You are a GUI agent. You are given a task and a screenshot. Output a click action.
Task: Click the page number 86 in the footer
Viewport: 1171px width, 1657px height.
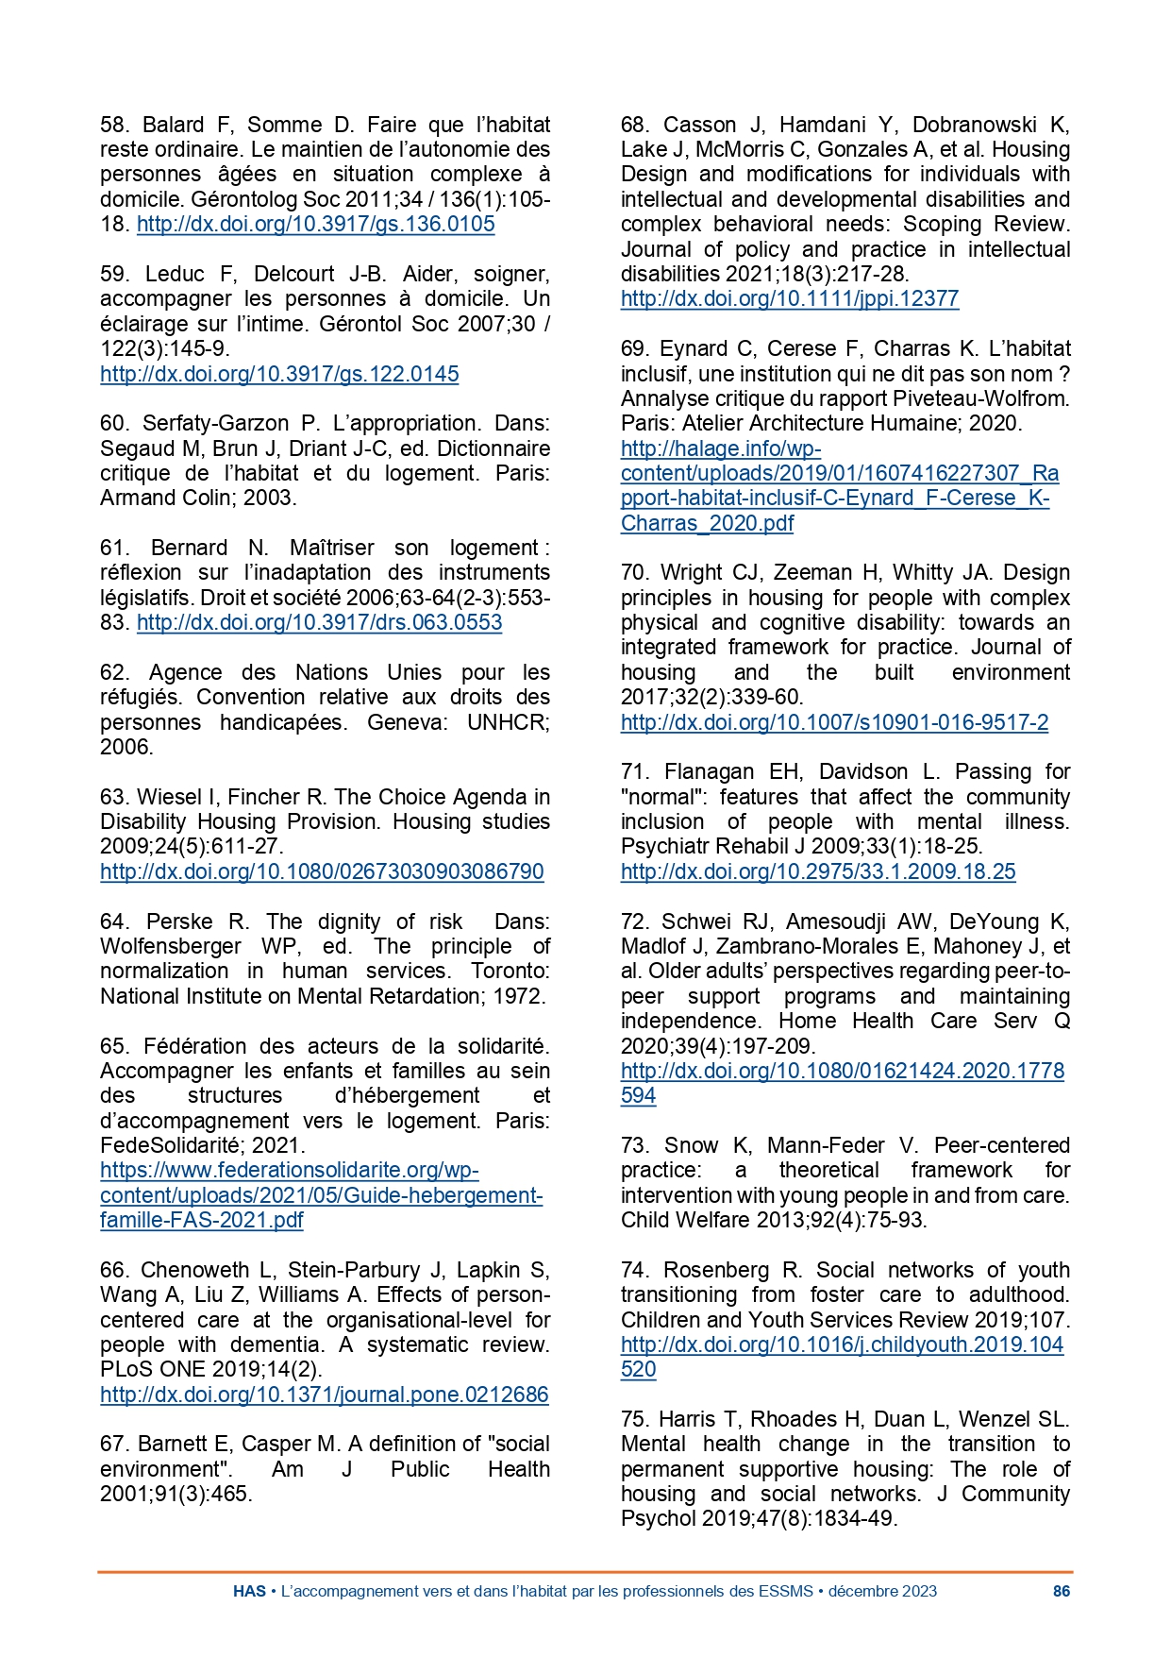[x=1062, y=1591]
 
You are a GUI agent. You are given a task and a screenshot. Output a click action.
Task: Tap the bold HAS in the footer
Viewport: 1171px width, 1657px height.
[x=249, y=1591]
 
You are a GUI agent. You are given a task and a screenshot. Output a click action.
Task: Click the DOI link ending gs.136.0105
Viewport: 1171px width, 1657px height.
[x=315, y=225]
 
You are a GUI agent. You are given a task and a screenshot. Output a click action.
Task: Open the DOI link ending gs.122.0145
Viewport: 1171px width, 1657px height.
[x=279, y=374]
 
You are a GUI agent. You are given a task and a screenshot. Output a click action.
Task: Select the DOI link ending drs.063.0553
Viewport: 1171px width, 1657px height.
[x=319, y=622]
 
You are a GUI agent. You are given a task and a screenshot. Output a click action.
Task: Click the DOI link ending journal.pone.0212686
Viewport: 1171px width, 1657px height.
[x=324, y=1395]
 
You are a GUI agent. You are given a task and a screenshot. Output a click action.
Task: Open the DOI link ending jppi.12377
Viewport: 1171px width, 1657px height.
[x=789, y=299]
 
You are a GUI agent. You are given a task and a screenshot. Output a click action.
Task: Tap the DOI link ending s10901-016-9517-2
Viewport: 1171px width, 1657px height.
[x=834, y=723]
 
